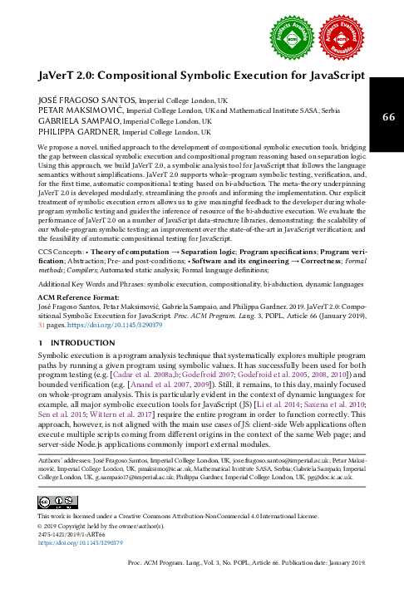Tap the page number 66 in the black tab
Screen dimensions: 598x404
click(388, 117)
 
